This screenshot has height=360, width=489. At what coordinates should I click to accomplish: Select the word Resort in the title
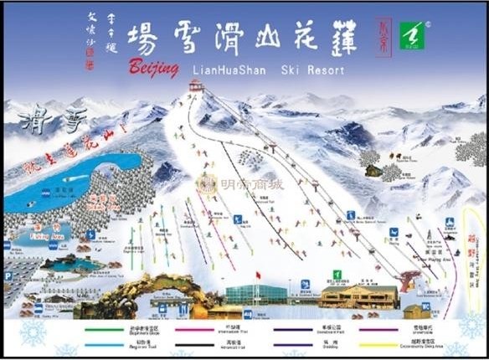pyautogui.click(x=326, y=70)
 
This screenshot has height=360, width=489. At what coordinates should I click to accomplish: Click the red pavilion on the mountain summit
pyautogui.click(x=196, y=85)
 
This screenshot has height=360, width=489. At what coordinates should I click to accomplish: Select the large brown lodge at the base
pyautogui.click(x=358, y=296)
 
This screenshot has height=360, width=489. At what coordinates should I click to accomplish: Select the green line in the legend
pyautogui.click(x=109, y=328)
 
